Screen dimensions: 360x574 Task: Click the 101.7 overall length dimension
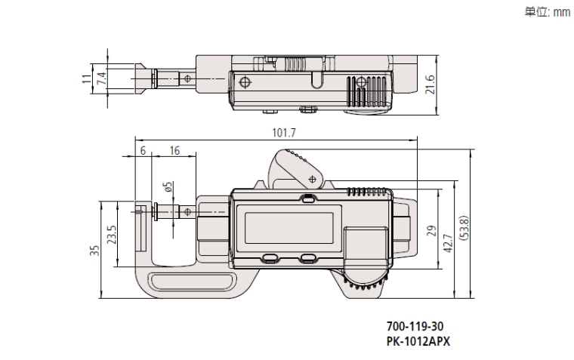click(284, 133)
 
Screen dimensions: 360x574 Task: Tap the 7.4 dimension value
click(100, 77)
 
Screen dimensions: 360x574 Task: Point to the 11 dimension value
click(86, 77)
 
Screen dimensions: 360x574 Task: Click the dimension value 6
click(143, 151)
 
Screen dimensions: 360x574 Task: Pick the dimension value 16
click(174, 151)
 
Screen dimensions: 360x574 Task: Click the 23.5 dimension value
click(113, 235)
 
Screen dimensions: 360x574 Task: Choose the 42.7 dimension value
click(447, 245)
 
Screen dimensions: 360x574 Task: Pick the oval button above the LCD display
click(307, 199)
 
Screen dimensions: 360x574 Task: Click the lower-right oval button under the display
click(308, 257)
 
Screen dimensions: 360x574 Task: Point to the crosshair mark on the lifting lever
click(312, 180)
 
